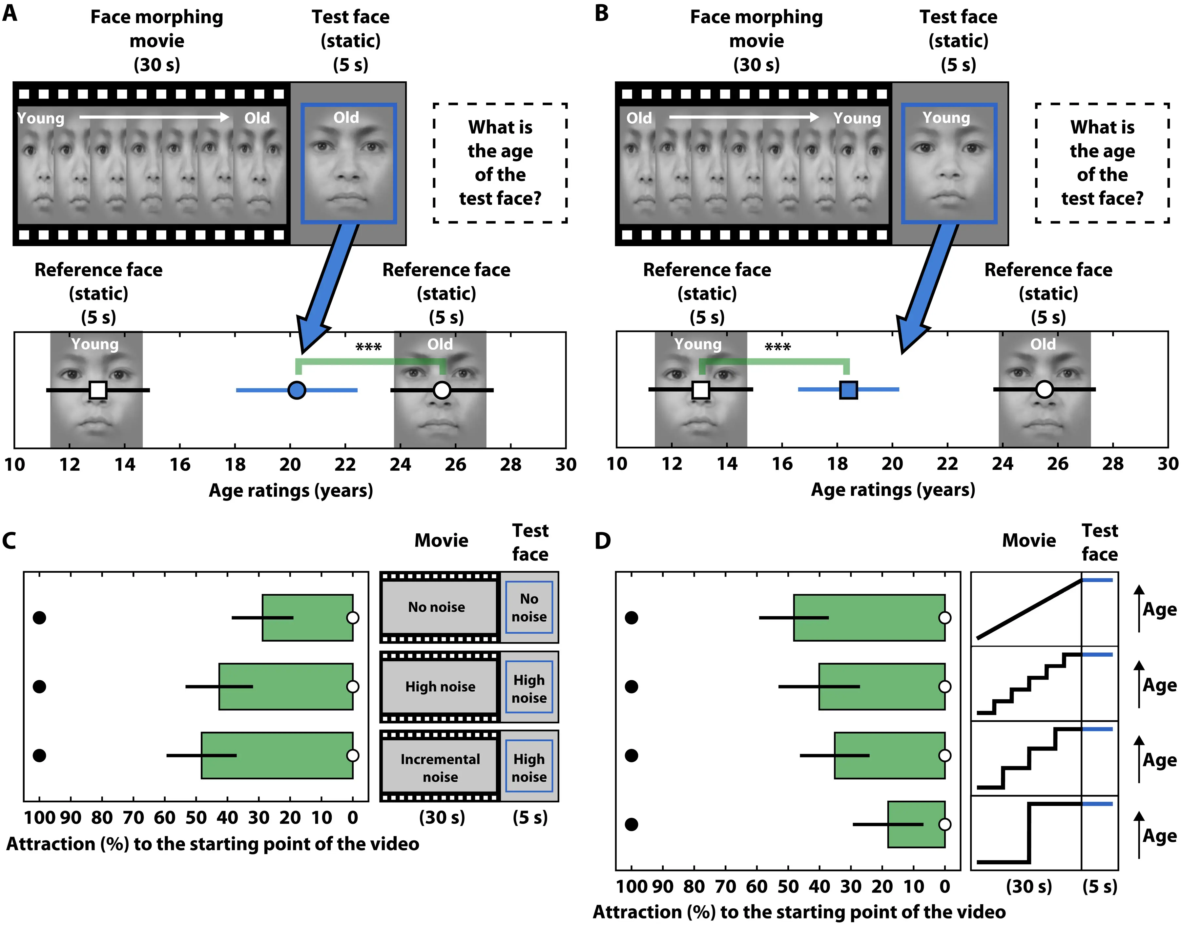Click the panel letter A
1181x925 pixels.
click(x=10, y=13)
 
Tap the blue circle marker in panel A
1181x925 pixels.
click(x=297, y=390)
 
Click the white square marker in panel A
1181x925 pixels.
click(x=98, y=390)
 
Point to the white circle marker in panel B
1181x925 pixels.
click(x=1044, y=389)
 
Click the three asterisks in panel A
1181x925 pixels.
click(x=369, y=347)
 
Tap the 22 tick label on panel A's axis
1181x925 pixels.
click(x=345, y=465)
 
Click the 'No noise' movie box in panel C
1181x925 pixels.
click(x=437, y=607)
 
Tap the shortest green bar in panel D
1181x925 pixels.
click(x=916, y=824)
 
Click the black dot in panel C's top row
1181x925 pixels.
click(x=39, y=617)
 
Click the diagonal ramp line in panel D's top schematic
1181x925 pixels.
click(x=1029, y=609)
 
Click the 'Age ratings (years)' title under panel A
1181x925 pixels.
click(x=291, y=491)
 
